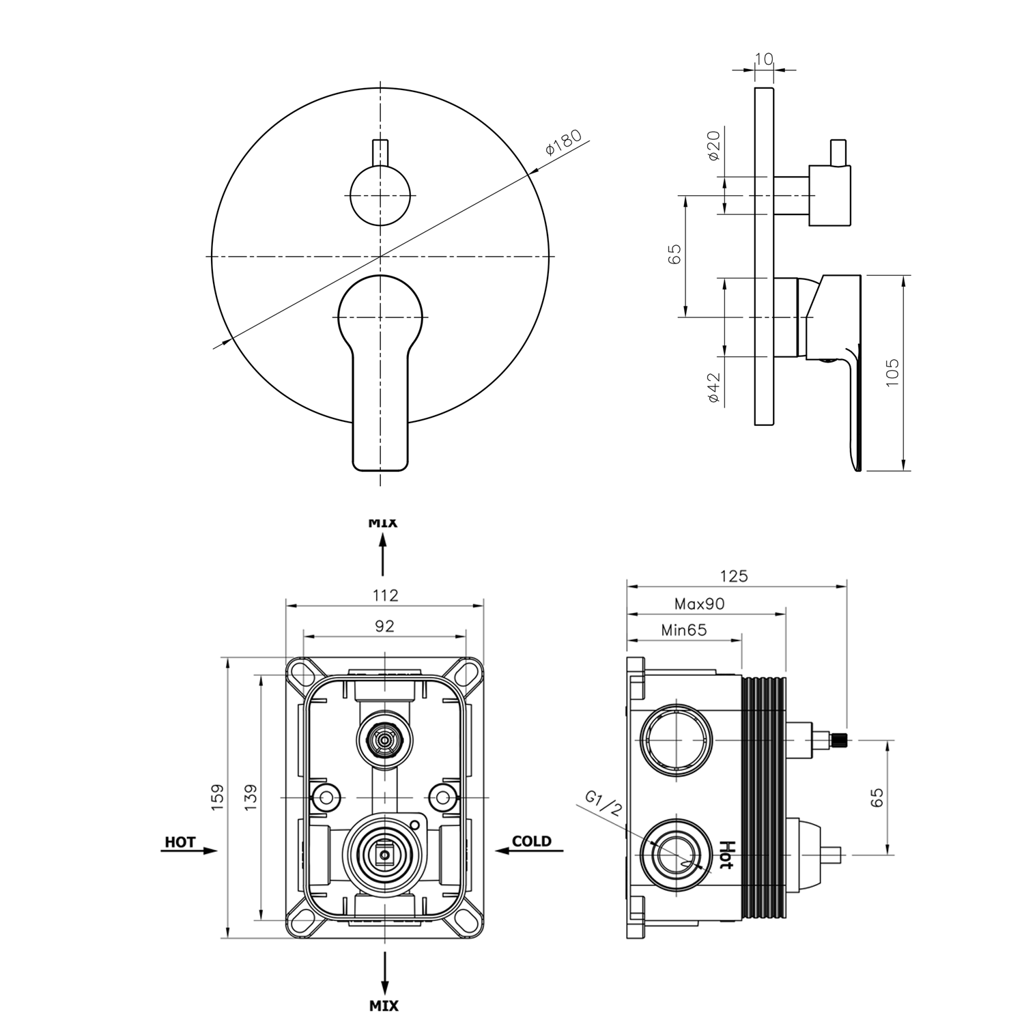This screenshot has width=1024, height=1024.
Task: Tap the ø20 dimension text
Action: [714, 145]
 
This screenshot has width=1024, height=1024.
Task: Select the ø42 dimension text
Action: [714, 388]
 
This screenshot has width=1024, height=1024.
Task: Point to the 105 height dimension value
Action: [893, 373]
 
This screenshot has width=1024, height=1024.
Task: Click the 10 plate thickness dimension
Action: [765, 59]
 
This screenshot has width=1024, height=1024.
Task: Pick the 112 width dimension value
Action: [385, 595]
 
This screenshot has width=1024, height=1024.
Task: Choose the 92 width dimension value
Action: [385, 626]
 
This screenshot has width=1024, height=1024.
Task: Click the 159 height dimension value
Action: [217, 796]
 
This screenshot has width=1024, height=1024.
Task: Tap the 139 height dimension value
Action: [251, 796]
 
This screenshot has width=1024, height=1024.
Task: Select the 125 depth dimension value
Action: [734, 576]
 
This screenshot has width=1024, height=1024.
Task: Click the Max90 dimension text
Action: [699, 604]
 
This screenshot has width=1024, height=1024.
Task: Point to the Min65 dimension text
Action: [683, 630]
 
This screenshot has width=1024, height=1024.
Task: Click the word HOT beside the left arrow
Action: [180, 842]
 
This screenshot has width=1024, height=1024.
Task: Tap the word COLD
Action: [531, 841]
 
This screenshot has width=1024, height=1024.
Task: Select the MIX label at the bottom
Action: [384, 1006]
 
